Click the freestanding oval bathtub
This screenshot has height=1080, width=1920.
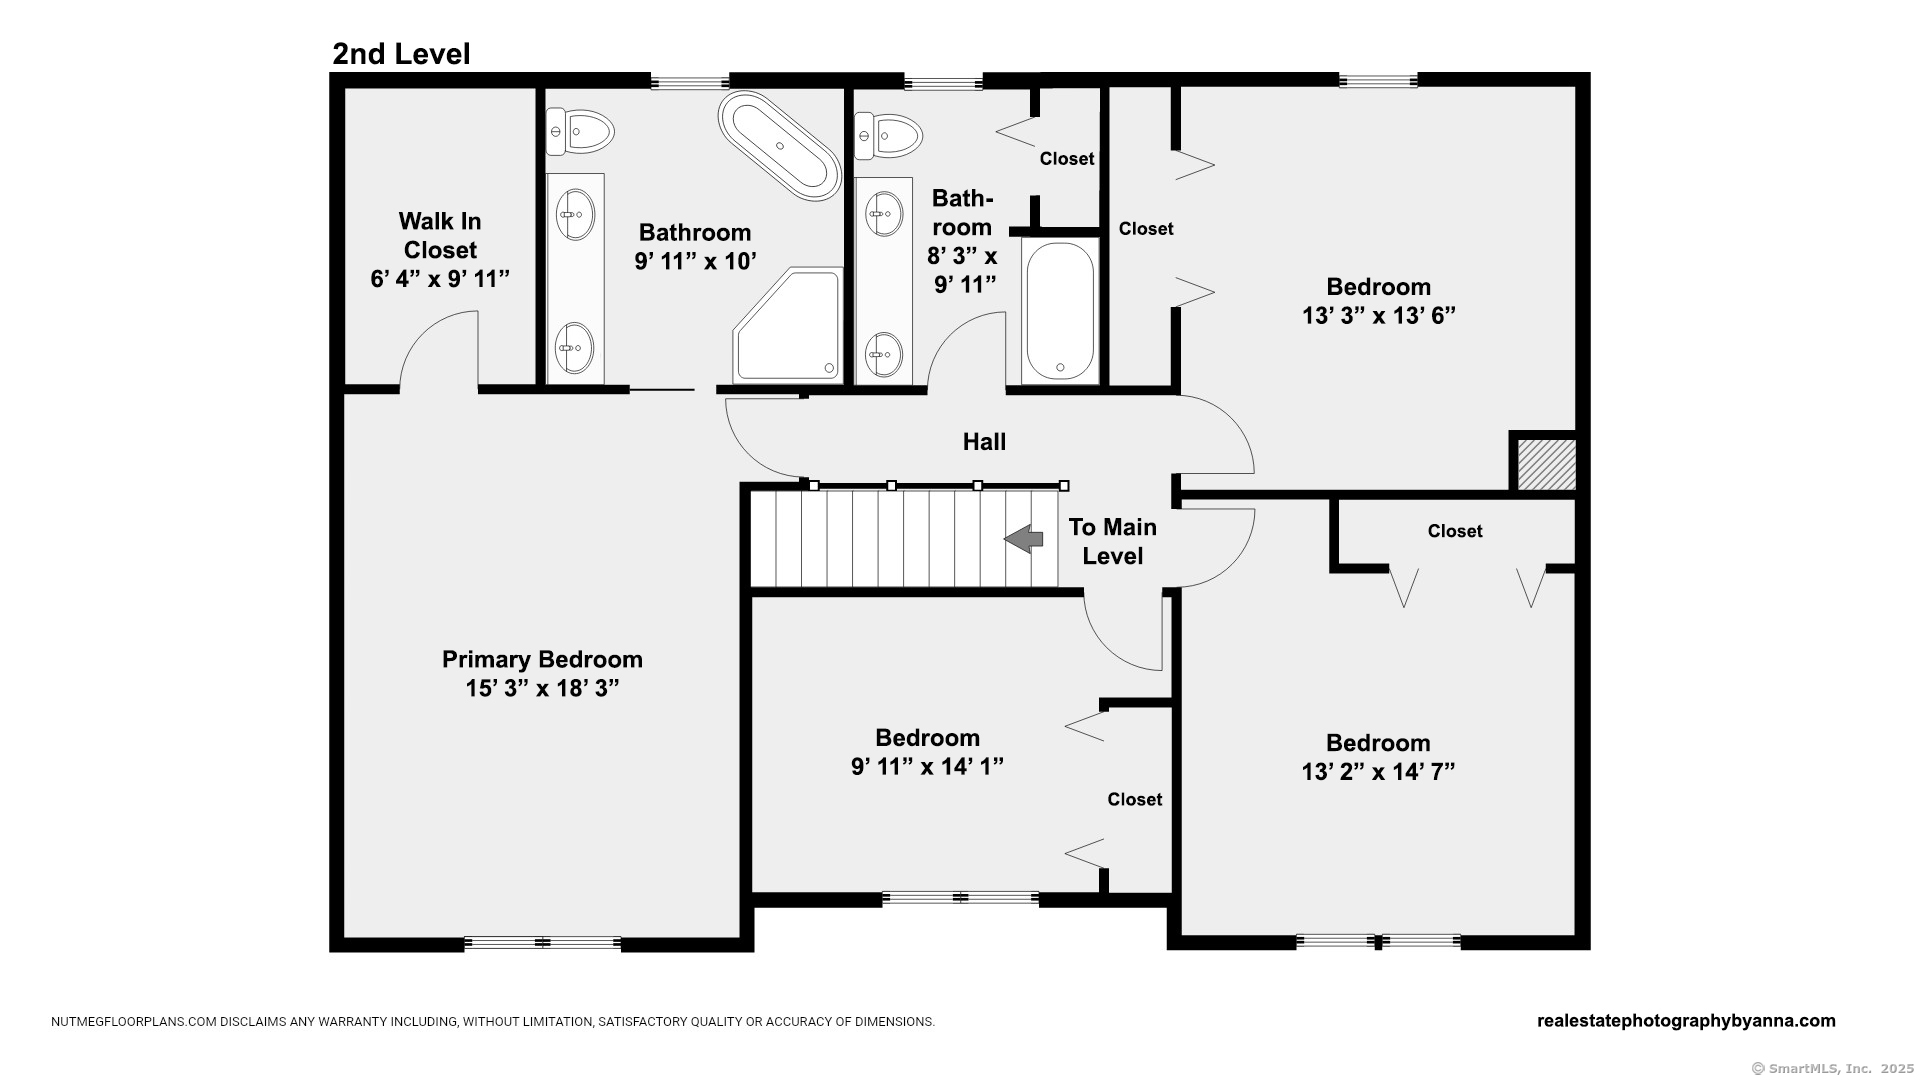pos(780,146)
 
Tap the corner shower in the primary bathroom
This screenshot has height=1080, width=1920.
pos(789,325)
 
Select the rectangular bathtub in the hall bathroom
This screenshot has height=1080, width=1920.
pos(1060,311)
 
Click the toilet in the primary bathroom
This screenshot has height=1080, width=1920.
pos(579,132)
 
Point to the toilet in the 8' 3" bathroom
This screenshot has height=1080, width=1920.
pos(888,136)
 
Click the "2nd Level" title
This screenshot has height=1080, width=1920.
pos(401,54)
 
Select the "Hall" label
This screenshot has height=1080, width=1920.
pos(984,442)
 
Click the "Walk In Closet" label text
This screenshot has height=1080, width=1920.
pos(440,235)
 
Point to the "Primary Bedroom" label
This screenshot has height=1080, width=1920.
pos(542,659)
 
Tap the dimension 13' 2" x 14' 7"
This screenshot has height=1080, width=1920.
pos(1378,772)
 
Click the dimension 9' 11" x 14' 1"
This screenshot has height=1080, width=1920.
pos(927,767)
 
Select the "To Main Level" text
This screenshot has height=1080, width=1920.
pos(1112,541)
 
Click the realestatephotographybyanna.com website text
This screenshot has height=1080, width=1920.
pos(1686,1021)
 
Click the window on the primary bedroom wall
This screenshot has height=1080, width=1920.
pos(543,943)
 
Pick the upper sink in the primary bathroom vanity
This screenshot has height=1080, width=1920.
pos(575,214)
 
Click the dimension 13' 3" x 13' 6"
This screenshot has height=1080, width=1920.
pos(1378,315)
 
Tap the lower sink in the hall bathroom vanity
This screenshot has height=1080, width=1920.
pos(883,355)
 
